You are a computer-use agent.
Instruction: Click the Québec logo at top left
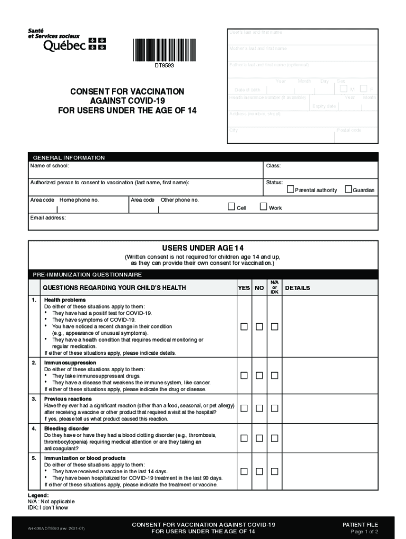[x=66, y=41]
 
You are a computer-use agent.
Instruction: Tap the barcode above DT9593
[x=163, y=51]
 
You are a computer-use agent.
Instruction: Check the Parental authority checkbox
[x=290, y=189]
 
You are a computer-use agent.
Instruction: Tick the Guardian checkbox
[x=348, y=189]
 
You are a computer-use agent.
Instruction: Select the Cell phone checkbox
[x=231, y=207]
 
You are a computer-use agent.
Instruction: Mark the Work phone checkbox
[x=264, y=207]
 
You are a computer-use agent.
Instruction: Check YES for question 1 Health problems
[x=244, y=327]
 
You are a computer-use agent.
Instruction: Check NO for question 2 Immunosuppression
[x=259, y=375]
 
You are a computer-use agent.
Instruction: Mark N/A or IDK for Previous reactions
[x=274, y=408]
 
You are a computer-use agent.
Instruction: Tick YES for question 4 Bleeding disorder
[x=244, y=438]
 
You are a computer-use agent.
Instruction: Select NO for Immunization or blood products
[x=259, y=472]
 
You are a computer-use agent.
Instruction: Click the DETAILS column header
[x=297, y=288]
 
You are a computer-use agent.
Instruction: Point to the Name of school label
[x=50, y=166]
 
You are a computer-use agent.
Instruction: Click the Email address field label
[x=48, y=217]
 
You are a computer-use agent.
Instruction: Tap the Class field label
[x=273, y=166]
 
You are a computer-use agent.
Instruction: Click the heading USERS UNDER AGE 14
[x=202, y=248]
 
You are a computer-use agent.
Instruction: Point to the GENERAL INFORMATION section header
[x=69, y=157]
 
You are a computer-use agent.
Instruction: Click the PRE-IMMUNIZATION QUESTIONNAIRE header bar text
[x=88, y=274]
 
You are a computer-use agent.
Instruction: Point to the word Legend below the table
[x=38, y=495]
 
